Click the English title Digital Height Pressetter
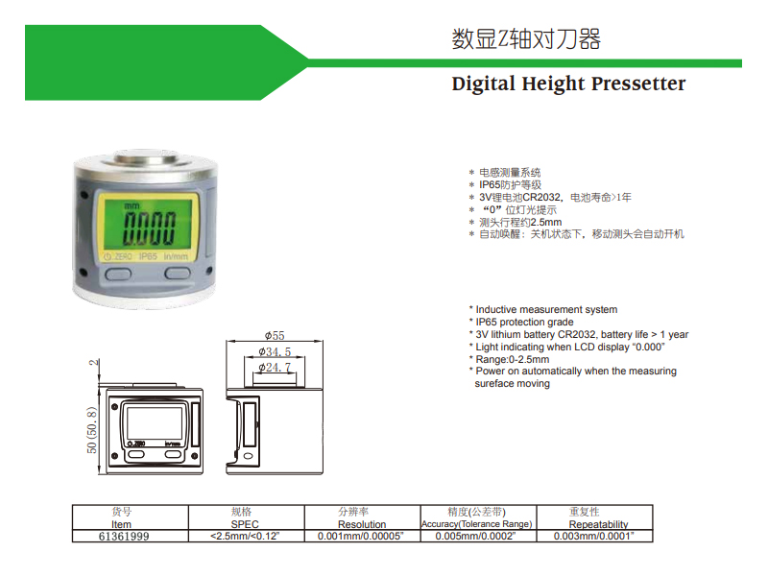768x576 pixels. point(568,84)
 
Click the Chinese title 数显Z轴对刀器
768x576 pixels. point(526,39)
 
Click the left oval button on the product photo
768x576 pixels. point(118,274)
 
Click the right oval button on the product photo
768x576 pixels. point(178,273)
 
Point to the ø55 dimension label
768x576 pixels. point(275,335)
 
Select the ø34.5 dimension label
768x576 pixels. point(275,351)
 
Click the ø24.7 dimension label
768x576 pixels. point(275,368)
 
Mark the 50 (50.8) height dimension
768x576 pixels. point(92,430)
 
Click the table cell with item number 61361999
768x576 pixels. point(124,537)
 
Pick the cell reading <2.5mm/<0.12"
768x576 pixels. point(245,537)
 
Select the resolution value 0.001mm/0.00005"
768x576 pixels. point(361,537)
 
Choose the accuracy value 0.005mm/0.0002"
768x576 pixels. point(475,537)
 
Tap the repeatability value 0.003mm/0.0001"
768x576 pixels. point(593,537)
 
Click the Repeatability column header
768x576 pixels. point(598,524)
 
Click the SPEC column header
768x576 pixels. point(245,524)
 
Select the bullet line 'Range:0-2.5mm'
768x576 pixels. point(510,359)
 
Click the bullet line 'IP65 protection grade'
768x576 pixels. point(521,323)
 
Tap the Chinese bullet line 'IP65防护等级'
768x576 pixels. point(505,185)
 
